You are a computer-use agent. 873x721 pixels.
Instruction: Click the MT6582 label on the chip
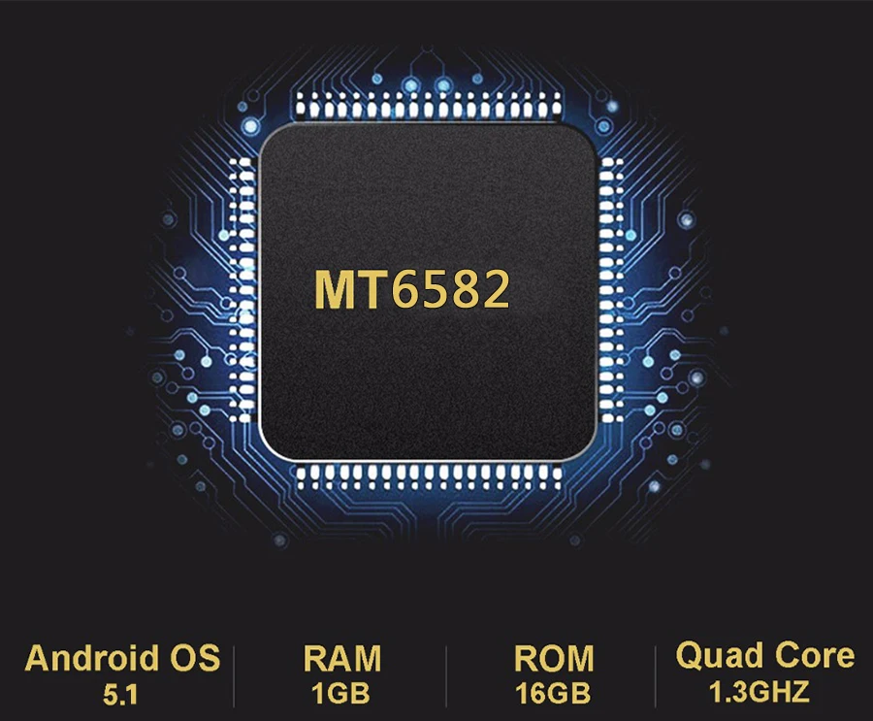(x=412, y=289)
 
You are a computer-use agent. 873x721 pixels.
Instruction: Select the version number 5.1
(x=120, y=695)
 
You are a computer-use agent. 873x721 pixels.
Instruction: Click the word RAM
(x=342, y=658)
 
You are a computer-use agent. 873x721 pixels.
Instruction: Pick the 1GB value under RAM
(x=340, y=694)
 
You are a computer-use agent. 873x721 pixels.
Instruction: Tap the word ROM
(x=554, y=658)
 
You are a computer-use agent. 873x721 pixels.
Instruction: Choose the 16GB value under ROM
(x=553, y=694)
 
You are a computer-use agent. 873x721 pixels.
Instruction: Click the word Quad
(x=719, y=656)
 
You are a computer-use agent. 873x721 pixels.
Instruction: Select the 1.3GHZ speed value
(x=759, y=692)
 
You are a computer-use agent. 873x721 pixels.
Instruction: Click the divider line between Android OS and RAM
(x=234, y=676)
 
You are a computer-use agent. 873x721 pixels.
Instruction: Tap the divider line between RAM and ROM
(x=446, y=676)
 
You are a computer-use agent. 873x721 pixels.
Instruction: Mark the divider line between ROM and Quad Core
(x=656, y=676)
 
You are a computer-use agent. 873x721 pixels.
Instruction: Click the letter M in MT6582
(x=336, y=289)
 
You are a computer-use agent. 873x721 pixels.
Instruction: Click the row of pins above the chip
(x=429, y=105)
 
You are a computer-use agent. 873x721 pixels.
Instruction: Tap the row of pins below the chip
(x=429, y=477)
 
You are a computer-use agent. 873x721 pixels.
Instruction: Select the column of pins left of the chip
(x=242, y=290)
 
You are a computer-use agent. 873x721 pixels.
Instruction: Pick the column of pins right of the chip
(x=611, y=290)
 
